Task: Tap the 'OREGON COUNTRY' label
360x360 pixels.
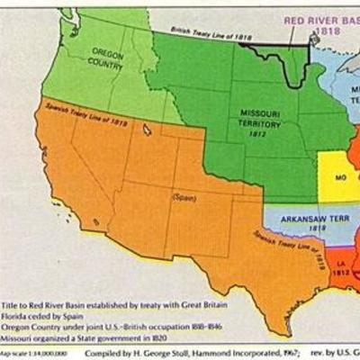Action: [x=106, y=59]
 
